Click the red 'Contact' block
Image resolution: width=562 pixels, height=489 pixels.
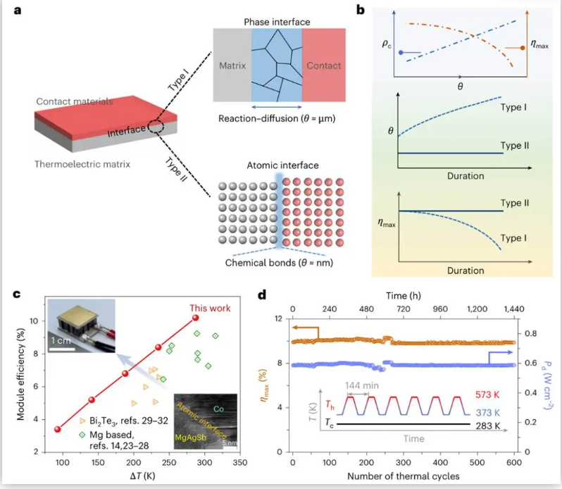(323, 66)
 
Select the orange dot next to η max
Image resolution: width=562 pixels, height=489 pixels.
(522, 48)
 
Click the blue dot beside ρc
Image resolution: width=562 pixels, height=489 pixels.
(401, 53)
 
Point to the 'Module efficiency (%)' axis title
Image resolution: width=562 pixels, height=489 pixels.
(22, 376)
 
